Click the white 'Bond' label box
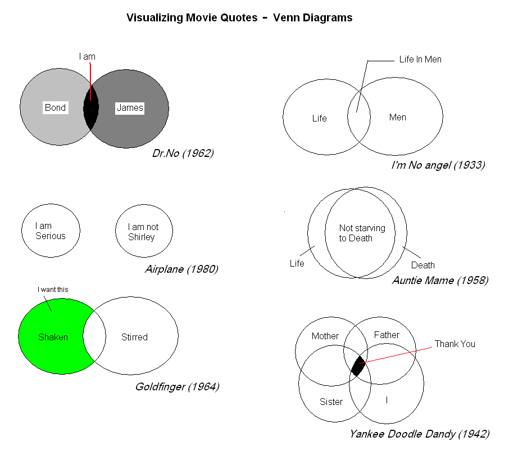pos(56,107)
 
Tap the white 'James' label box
pos(130,108)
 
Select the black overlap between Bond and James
pos(91,107)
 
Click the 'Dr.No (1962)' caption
pos(183,154)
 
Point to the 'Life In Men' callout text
pos(420,60)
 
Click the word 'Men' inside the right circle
pos(398,118)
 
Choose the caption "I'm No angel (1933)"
pos(438,165)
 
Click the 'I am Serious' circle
pos(51,231)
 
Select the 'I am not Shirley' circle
pos(144,231)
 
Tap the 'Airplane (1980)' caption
pos(182,269)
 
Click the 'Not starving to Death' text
pos(362,233)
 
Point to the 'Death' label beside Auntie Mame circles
pos(423,265)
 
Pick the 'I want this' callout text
pos(53,290)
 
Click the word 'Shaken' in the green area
pos(53,337)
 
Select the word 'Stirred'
pos(134,337)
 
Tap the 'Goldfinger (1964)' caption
pos(178,387)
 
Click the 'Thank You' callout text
pos(455,344)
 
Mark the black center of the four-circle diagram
pos(358,366)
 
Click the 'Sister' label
pos(331,402)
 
